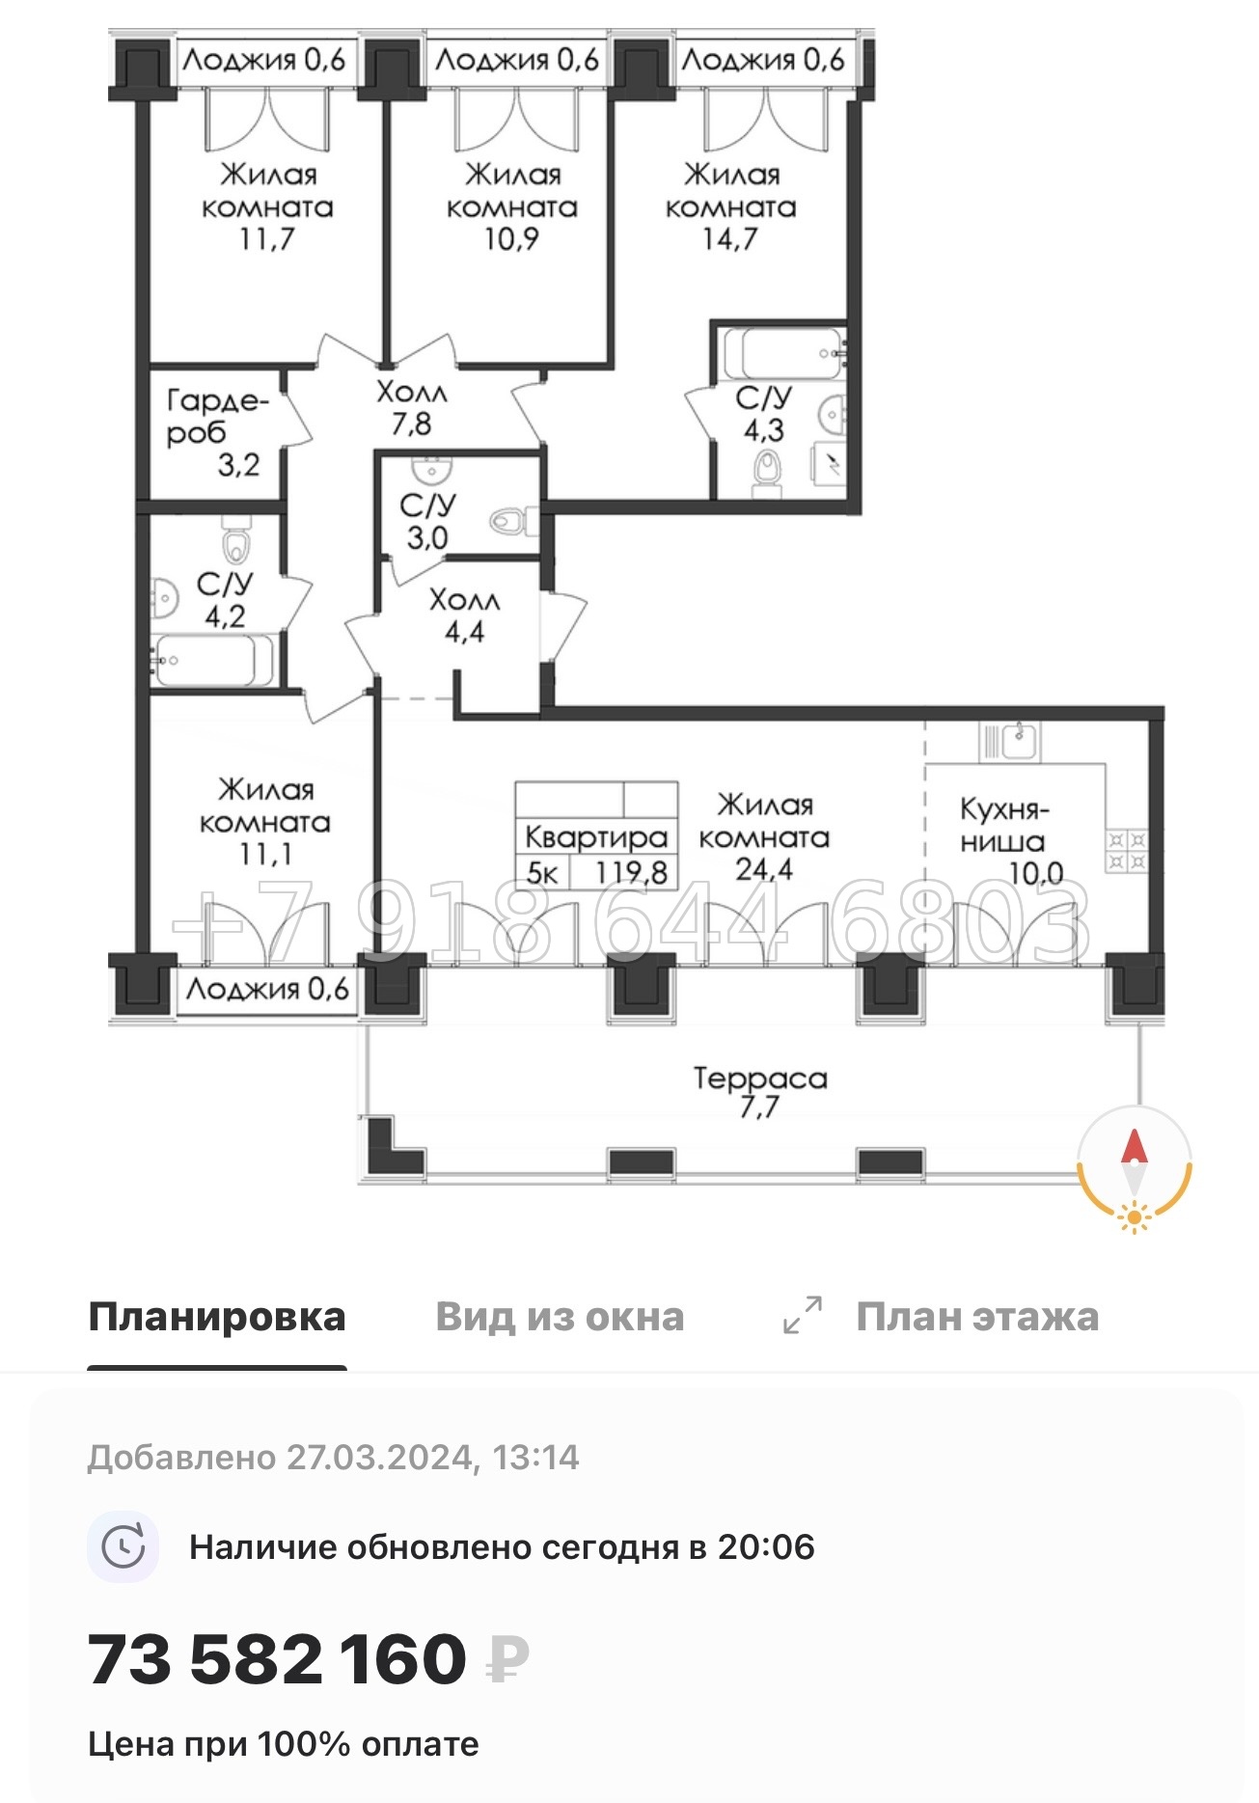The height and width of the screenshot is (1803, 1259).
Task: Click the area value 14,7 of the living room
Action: pyautogui.click(x=730, y=238)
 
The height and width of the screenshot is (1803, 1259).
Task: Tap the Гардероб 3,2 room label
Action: pyautogui.click(x=214, y=431)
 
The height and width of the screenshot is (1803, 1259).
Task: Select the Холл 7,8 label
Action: pyautogui.click(x=412, y=407)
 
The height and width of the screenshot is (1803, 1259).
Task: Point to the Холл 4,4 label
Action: pyautogui.click(x=464, y=615)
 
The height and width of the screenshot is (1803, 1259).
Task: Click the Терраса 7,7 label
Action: pyautogui.click(x=760, y=1091)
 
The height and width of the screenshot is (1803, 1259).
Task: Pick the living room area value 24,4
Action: pyautogui.click(x=764, y=869)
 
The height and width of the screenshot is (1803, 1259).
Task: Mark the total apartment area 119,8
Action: pyautogui.click(x=632, y=872)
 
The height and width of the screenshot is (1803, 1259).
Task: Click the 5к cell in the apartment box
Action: pyautogui.click(x=542, y=873)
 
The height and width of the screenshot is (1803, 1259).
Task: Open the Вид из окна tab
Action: pyautogui.click(x=560, y=1317)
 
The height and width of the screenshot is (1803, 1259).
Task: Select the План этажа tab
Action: pyautogui.click(x=977, y=1317)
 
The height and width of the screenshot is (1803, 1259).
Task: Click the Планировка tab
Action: pyautogui.click(x=217, y=1317)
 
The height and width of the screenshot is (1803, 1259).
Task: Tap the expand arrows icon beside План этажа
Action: pyautogui.click(x=803, y=1315)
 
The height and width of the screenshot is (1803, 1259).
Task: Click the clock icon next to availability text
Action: pyautogui.click(x=123, y=1547)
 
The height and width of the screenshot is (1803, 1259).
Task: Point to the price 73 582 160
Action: pyautogui.click(x=278, y=1659)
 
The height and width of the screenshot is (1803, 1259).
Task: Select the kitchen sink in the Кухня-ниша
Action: pyautogui.click(x=1020, y=741)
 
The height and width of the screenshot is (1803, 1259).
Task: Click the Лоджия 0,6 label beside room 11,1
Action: pyautogui.click(x=267, y=989)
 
